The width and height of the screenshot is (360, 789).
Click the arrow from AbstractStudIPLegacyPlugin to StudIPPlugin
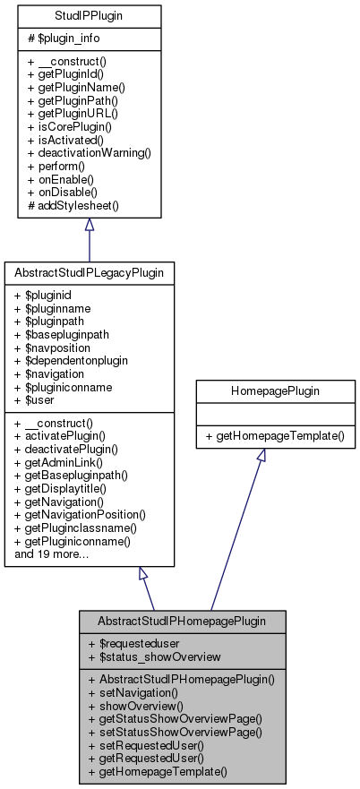point(89,238)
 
